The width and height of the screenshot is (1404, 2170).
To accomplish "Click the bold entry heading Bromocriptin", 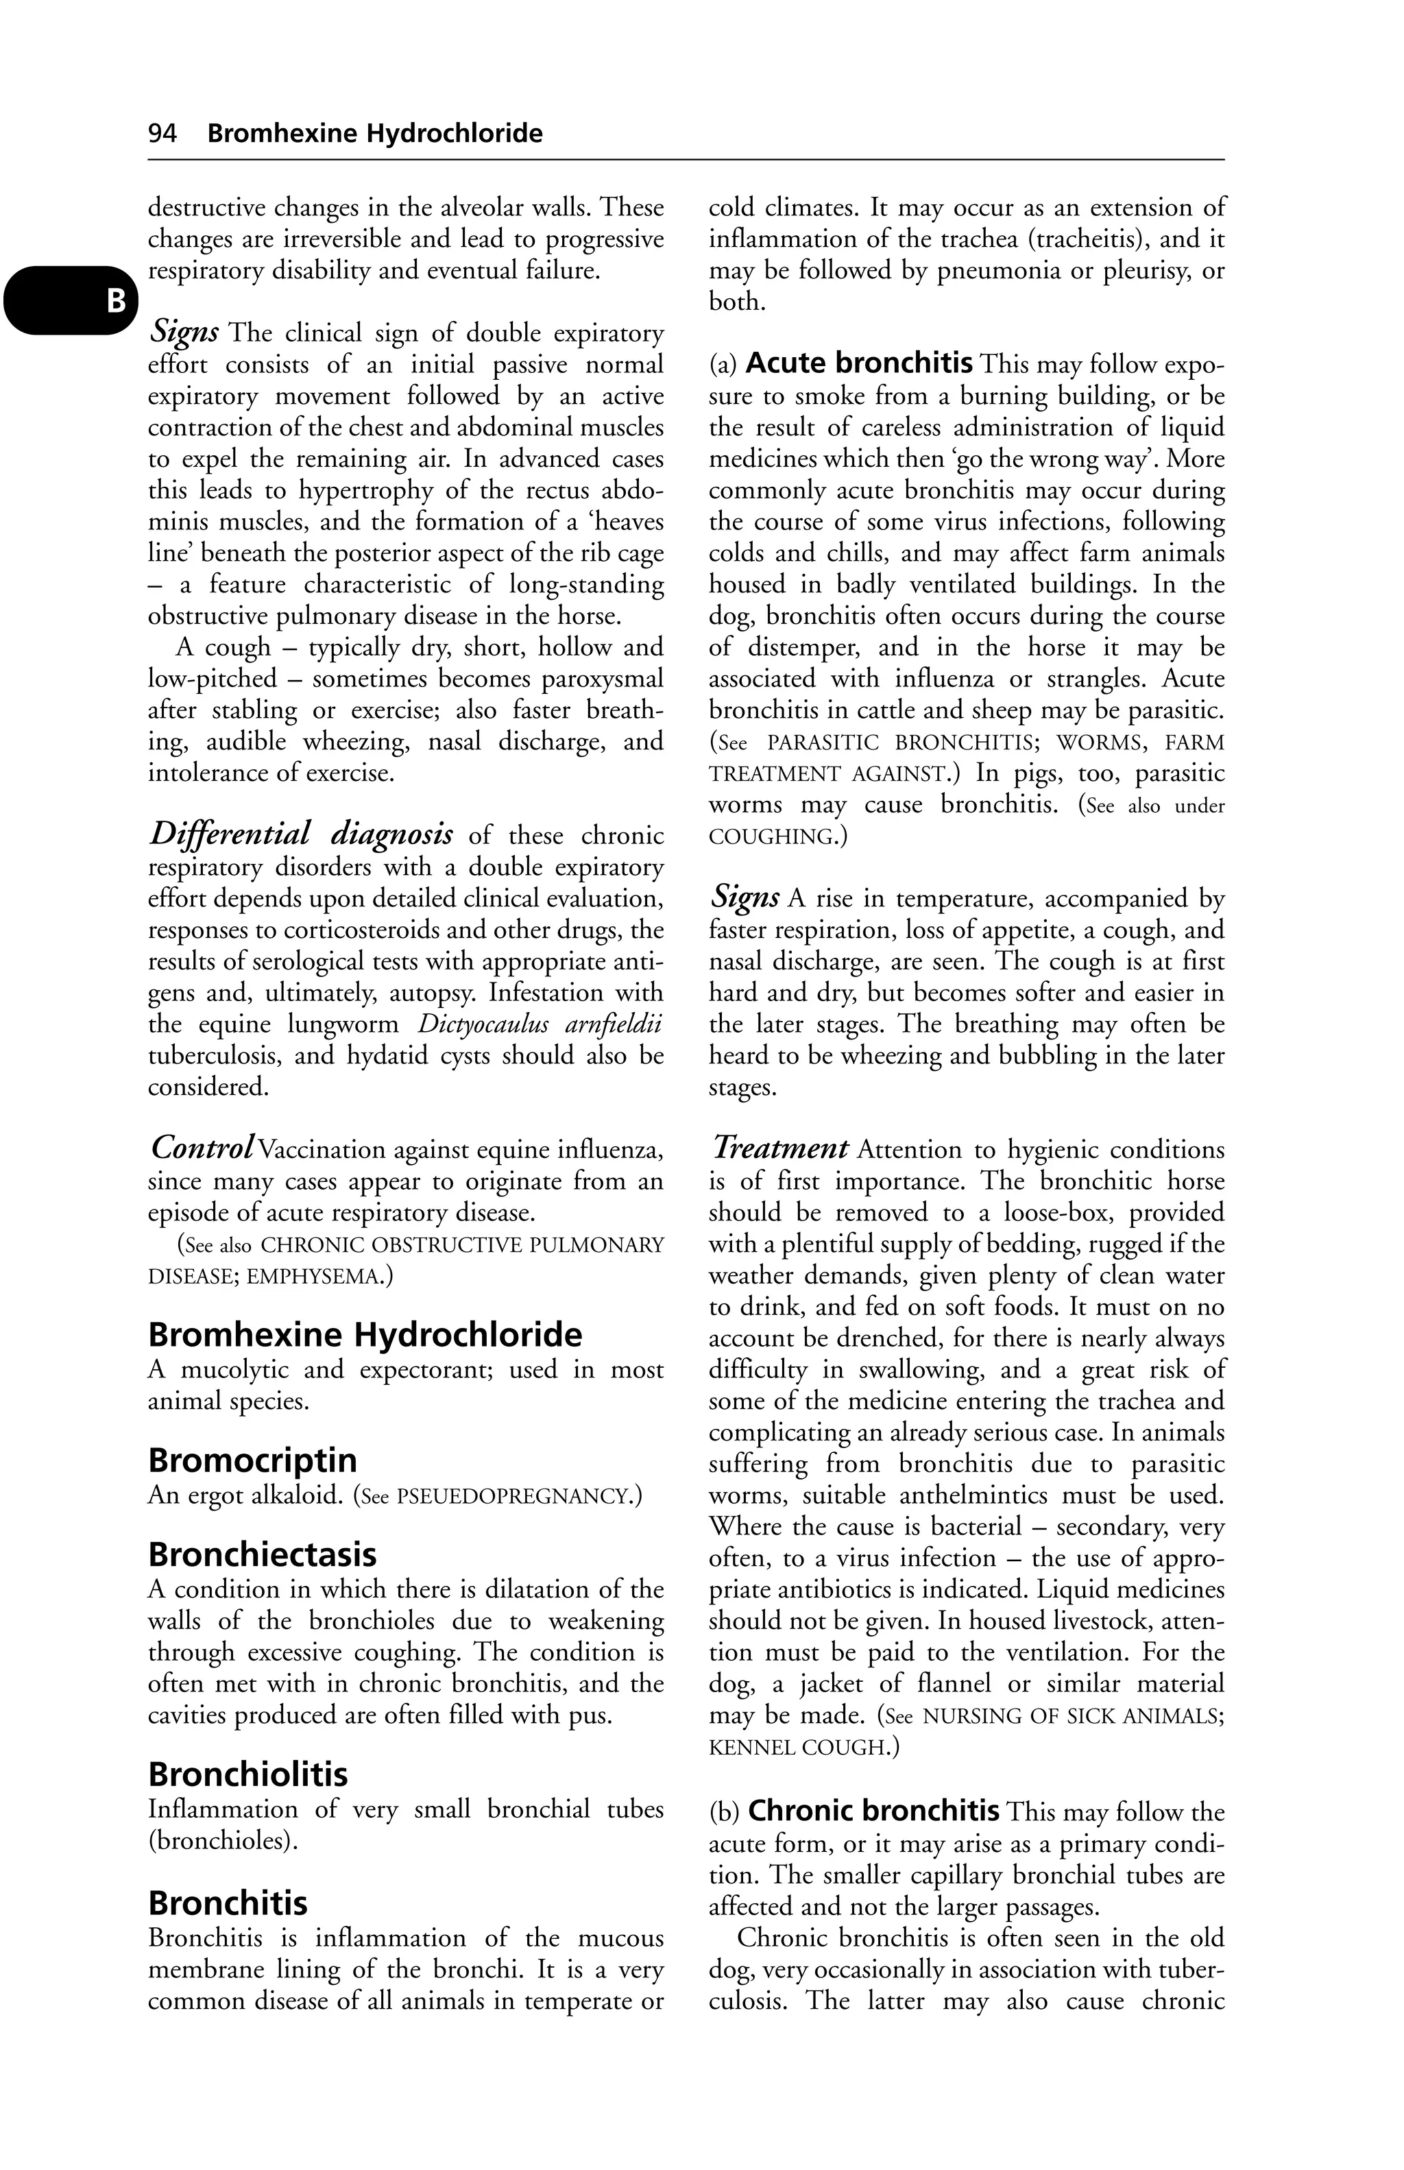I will point(252,1460).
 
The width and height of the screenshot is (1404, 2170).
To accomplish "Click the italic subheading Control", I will point(202,1147).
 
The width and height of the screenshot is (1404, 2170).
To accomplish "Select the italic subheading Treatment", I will point(780,1147).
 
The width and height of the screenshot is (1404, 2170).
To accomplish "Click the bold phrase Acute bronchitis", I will point(859,364).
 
